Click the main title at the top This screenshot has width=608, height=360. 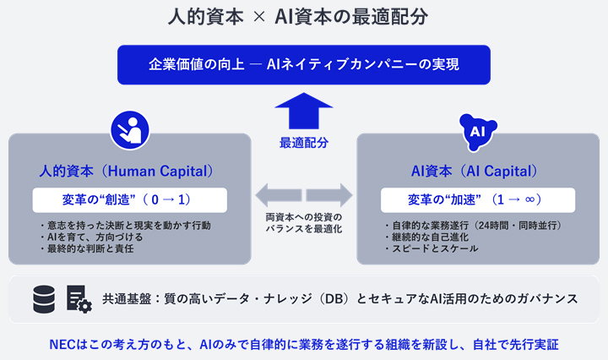click(298, 17)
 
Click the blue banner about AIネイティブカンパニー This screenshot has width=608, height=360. click(304, 65)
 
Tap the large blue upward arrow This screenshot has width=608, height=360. click(304, 111)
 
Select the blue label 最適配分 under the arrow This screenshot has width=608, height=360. click(304, 143)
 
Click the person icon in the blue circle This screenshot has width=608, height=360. click(130, 130)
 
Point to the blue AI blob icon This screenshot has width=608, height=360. click(478, 132)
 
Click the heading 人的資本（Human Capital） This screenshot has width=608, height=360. click(127, 171)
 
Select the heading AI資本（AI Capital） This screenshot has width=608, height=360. click(475, 171)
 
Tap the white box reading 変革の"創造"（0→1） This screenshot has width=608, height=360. click(130, 200)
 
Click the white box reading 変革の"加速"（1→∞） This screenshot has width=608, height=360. click(478, 200)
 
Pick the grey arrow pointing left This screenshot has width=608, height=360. click(279, 195)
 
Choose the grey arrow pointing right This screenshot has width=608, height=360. click(329, 195)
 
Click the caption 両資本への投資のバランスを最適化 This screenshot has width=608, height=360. click(304, 223)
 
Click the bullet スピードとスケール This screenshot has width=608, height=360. click(432, 248)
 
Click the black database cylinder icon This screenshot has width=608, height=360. click(44, 299)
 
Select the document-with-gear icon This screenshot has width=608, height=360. click(79, 299)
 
